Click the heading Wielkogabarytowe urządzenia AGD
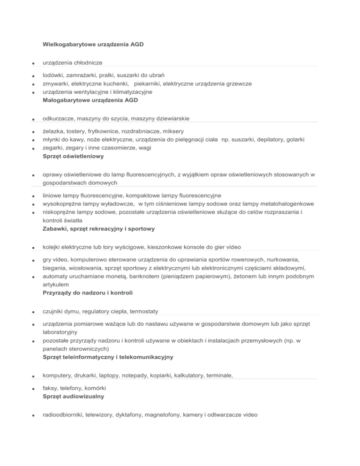93,45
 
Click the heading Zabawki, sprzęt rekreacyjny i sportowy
98,229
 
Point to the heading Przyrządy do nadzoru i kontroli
87,293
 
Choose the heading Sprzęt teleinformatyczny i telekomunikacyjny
108,357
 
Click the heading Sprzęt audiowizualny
73,396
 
